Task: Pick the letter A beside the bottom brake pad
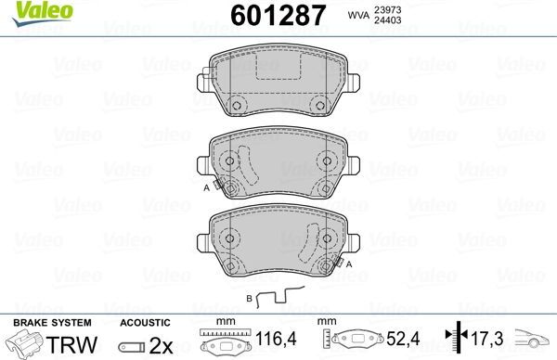tap(349, 263)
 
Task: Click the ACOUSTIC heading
tap(144, 321)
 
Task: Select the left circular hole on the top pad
tap(236, 104)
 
